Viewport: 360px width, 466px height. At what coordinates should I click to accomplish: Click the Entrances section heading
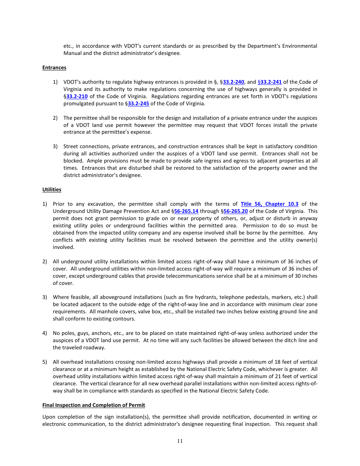(x=54, y=67)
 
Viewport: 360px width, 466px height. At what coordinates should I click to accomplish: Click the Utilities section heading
(x=52, y=189)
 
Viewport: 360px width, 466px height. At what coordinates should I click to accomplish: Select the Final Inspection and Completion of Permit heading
(x=94, y=405)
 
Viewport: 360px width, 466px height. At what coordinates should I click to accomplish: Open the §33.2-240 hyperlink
(x=233, y=82)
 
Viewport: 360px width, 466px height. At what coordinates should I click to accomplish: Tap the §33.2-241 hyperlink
(x=270, y=82)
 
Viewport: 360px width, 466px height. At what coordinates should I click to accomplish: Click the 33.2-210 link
(x=77, y=96)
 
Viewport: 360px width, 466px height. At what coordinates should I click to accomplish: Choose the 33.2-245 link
(x=138, y=103)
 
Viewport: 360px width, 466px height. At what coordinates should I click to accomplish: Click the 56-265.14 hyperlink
(x=186, y=211)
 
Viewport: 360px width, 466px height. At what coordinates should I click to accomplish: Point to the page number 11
(x=180, y=441)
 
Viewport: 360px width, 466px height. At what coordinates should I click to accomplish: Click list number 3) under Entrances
(x=55, y=146)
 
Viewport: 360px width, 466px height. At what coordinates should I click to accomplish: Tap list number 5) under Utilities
(x=45, y=362)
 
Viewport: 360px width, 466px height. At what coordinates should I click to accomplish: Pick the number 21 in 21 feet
(x=271, y=376)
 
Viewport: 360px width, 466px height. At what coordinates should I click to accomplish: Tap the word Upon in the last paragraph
(x=49, y=417)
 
